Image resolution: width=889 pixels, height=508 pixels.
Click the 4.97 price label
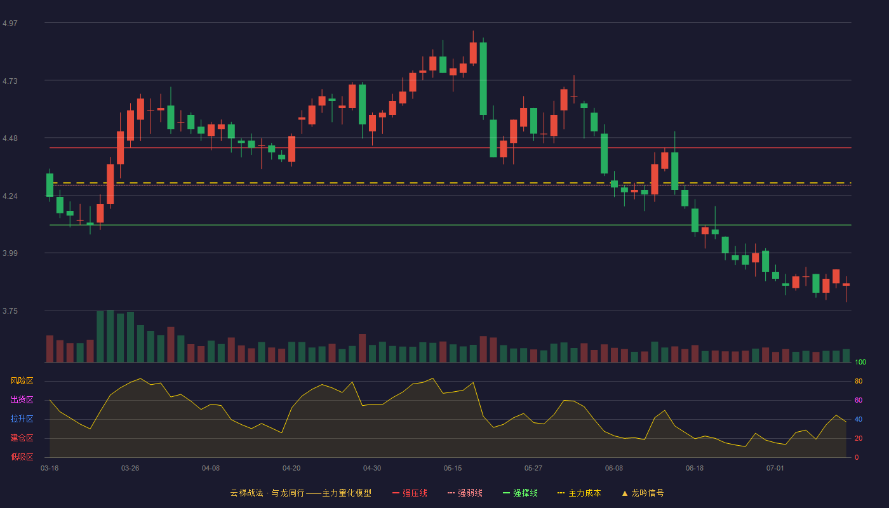[x=10, y=23]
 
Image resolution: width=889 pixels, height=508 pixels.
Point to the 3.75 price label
[x=10, y=311]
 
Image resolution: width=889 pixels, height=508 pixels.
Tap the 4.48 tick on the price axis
[x=10, y=138]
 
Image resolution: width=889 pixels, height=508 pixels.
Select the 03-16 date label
[x=50, y=469]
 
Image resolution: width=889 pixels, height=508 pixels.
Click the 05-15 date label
[x=453, y=469]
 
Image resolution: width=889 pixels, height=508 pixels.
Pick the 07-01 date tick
[x=775, y=469]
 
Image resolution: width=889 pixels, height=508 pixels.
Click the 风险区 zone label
[x=22, y=381]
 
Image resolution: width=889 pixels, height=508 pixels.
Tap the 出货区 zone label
[x=22, y=399]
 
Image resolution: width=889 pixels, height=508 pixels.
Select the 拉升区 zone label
[x=22, y=418]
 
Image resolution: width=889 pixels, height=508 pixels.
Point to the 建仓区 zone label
[x=22, y=438]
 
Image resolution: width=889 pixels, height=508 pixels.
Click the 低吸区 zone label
[x=22, y=457]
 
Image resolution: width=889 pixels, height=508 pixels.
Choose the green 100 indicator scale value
[x=860, y=362]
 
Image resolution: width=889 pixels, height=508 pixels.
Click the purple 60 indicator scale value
[x=859, y=400]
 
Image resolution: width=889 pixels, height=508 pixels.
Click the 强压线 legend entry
[x=410, y=493]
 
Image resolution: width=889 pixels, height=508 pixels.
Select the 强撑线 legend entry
[x=520, y=493]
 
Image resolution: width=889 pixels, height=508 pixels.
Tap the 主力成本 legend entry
[x=579, y=493]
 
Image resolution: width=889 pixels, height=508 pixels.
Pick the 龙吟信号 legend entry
[x=643, y=493]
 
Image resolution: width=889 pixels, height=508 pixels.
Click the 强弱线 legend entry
[x=465, y=493]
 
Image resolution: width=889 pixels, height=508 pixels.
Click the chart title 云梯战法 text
[x=246, y=493]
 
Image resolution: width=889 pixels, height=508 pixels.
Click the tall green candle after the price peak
[x=483, y=79]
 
